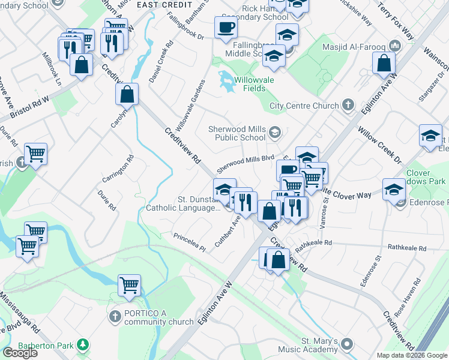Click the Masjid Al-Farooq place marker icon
(x=394, y=46)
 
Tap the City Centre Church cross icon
(x=348, y=106)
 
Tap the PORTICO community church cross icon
(x=115, y=316)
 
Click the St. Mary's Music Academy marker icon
(x=348, y=344)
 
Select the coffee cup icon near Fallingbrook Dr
(x=226, y=28)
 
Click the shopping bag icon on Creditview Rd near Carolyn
(x=127, y=94)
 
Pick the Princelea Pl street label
(x=189, y=242)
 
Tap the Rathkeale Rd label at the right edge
(x=406, y=247)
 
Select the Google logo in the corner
(x=19, y=353)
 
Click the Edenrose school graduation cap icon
(x=394, y=190)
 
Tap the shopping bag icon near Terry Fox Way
(x=384, y=63)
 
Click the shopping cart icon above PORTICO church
(x=129, y=286)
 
